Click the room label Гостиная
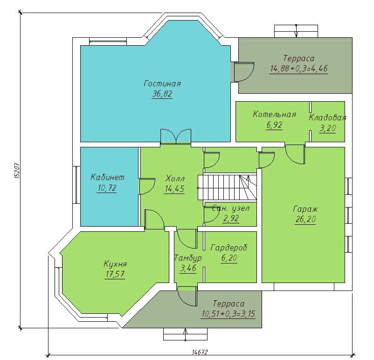pyautogui.click(x=162, y=84)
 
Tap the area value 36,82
pyautogui.click(x=162, y=94)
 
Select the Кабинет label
pyautogui.click(x=107, y=177)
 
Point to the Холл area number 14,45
pyautogui.click(x=174, y=189)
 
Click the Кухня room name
pyautogui.click(x=115, y=264)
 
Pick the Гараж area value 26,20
pyautogui.click(x=305, y=219)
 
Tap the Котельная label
pyautogui.click(x=274, y=115)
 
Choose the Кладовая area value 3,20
pyautogui.click(x=327, y=129)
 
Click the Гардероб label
pyautogui.click(x=229, y=248)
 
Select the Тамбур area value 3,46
pyautogui.click(x=188, y=268)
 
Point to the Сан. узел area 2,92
pyautogui.click(x=231, y=218)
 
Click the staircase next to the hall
pyautogui.click(x=227, y=187)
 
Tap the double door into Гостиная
pyautogui.click(x=176, y=137)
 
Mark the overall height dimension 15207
pyautogui.click(x=17, y=171)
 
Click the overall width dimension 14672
pyautogui.click(x=200, y=352)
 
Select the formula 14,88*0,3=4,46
pyautogui.click(x=298, y=69)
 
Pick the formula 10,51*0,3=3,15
pyautogui.click(x=229, y=313)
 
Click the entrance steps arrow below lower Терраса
pyautogui.click(x=185, y=334)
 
